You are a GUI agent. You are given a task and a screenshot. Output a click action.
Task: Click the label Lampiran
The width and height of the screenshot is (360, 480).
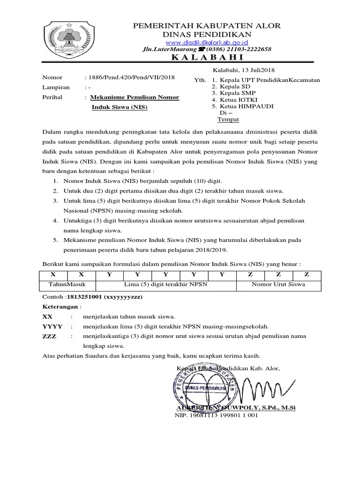click(x=56, y=87)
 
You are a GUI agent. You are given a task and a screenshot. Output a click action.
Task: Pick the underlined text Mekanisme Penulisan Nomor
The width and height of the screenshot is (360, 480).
click(x=134, y=97)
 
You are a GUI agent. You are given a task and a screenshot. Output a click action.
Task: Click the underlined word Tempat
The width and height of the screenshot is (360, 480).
click(x=228, y=120)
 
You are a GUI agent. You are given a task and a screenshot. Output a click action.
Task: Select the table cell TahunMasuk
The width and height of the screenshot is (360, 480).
click(x=66, y=284)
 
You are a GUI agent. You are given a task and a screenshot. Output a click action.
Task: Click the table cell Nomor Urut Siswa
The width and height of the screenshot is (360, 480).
click(x=278, y=284)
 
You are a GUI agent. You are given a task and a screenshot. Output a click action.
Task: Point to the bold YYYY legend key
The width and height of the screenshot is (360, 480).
click(x=52, y=326)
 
